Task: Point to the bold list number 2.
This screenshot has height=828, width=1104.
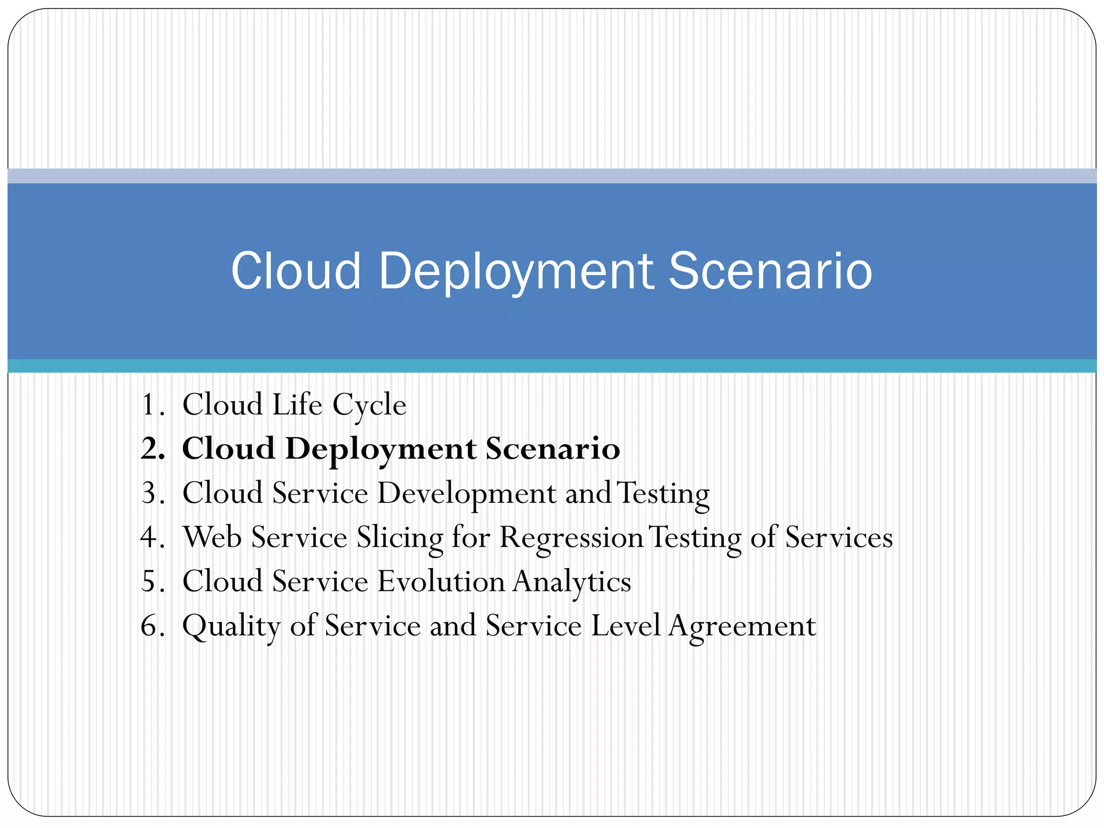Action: point(151,449)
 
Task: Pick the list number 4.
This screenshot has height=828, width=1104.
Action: point(151,537)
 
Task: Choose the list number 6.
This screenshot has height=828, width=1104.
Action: point(151,626)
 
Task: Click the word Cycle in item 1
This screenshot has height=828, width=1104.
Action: point(369,406)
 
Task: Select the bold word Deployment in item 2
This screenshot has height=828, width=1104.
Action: point(381,450)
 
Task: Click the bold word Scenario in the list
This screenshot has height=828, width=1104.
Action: point(553,449)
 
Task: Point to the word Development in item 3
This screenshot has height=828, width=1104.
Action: point(467,494)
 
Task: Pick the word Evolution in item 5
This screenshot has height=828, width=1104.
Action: point(440,582)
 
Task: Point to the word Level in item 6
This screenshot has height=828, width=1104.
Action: point(625,626)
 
